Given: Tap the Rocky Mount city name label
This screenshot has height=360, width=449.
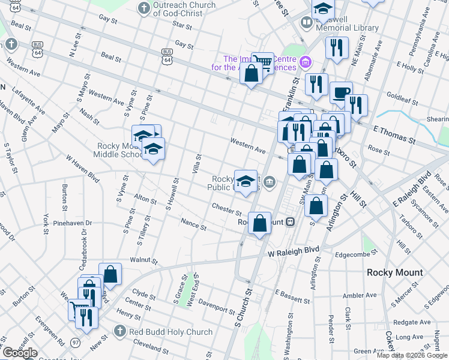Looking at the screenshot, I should [396, 272].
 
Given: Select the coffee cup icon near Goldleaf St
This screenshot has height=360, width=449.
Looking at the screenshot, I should [340, 92].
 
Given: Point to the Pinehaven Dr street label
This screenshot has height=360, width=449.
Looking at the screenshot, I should [73, 223].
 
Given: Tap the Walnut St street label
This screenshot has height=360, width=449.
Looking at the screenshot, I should [144, 262].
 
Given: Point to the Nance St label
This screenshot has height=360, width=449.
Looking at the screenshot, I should [194, 224].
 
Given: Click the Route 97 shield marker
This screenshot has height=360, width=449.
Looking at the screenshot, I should [76, 342].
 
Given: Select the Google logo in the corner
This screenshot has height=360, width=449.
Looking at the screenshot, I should [20, 353].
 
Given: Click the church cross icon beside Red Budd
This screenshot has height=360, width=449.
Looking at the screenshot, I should [120, 332].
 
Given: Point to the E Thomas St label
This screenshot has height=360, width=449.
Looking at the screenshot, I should [394, 134].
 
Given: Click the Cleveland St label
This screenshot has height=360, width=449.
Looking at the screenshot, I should [151, 346].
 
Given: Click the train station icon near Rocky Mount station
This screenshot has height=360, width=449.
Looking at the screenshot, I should [290, 221].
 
